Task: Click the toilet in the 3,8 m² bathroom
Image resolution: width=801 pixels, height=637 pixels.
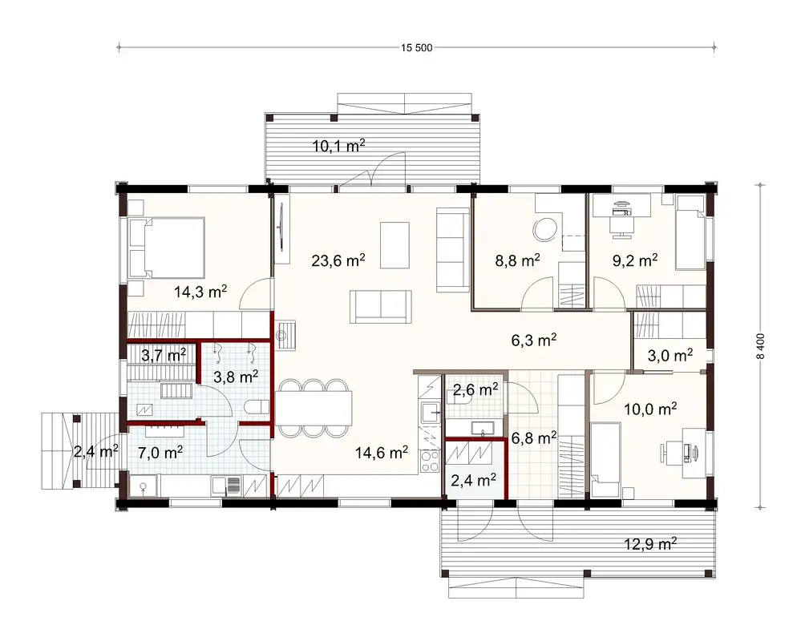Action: [256, 406]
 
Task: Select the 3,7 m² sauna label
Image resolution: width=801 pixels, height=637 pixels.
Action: [164, 354]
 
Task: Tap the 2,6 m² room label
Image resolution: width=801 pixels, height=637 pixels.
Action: [475, 390]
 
